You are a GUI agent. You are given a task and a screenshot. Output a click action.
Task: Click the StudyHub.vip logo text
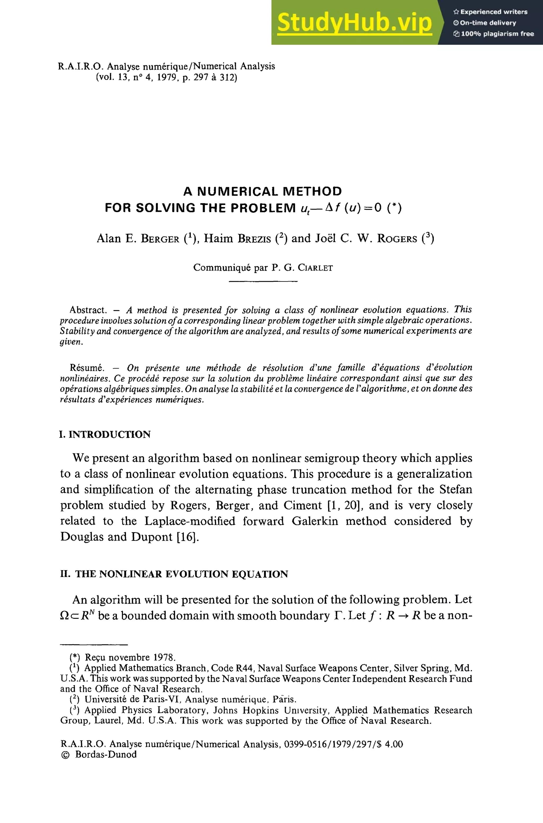tap(354, 23)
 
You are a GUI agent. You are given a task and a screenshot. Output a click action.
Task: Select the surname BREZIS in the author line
tap(254, 239)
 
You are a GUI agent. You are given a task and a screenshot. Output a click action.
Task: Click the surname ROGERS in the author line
tap(397, 239)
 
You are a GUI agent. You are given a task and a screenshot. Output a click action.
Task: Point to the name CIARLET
tap(315, 268)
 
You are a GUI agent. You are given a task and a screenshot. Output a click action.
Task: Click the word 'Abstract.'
tap(88, 310)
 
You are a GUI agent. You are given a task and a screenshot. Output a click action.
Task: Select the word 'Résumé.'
tap(87, 368)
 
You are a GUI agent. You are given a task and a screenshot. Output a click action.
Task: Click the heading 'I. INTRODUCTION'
tap(105, 434)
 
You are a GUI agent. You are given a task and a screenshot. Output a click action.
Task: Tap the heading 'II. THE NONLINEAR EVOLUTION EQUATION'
tap(174, 574)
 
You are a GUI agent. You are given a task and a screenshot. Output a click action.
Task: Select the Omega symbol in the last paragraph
tap(65, 616)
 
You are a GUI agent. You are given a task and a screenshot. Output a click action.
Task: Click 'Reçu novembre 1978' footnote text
tap(130, 657)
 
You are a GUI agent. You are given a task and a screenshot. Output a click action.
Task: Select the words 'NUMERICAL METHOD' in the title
tap(269, 191)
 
